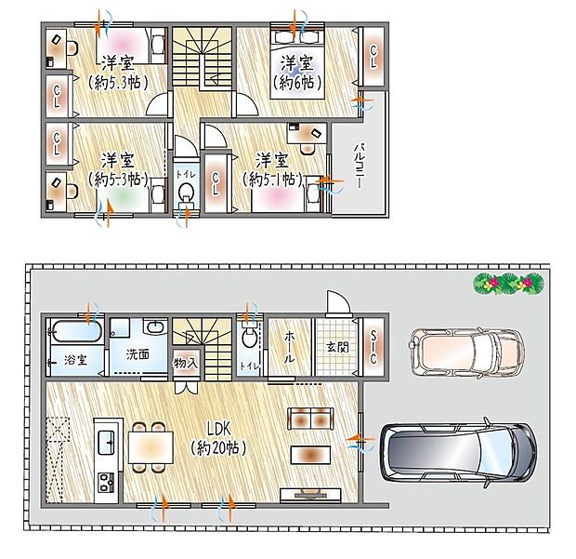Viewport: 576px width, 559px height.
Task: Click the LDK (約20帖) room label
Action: click(218, 439)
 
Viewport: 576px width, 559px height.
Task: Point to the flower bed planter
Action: click(507, 282)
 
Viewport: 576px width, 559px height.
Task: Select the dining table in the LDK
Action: click(151, 447)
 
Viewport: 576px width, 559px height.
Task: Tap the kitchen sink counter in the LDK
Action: click(105, 437)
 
